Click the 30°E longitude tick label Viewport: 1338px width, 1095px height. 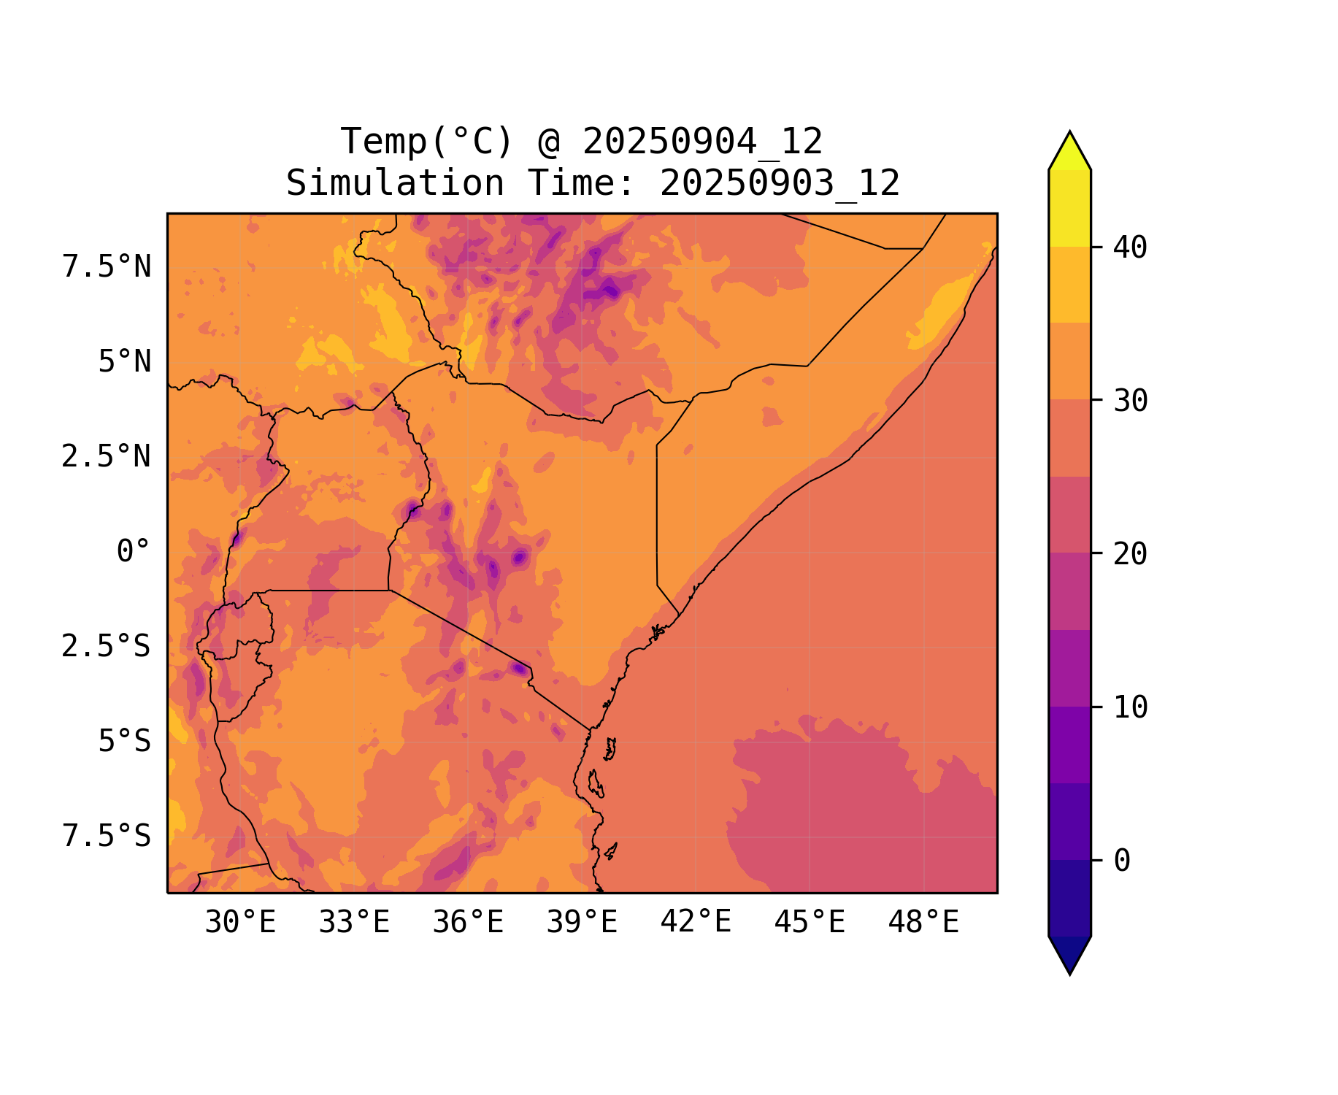click(240, 923)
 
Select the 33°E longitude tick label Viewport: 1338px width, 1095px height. click(354, 923)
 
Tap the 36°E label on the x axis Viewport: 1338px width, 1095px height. click(468, 923)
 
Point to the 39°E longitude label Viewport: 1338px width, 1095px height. click(582, 923)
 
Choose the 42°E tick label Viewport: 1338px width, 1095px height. click(696, 922)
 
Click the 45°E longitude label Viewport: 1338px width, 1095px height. click(810, 923)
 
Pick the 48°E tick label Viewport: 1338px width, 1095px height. click(923, 923)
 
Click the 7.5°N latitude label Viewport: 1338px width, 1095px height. click(107, 267)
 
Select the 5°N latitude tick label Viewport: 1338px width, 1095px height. click(125, 362)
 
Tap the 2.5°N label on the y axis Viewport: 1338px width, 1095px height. click(106, 457)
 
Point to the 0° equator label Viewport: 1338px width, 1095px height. click(134, 552)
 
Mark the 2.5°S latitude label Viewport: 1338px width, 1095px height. click(106, 647)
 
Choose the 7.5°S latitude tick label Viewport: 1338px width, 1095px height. click(107, 837)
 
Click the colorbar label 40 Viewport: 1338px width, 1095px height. click(1130, 247)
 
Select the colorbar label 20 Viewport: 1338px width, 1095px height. click(1130, 554)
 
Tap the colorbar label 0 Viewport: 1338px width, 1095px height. click(1122, 861)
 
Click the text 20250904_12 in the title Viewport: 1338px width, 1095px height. click(702, 142)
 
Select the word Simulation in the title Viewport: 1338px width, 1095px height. click(395, 183)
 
